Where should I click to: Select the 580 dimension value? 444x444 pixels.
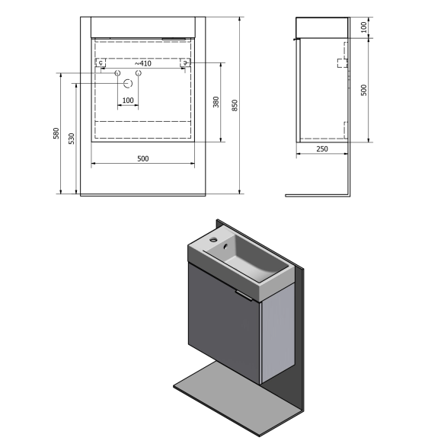[56, 133]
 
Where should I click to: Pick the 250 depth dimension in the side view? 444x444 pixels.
[322, 149]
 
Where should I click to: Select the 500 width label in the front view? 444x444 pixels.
[142, 158]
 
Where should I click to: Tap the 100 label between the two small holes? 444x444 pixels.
[128, 101]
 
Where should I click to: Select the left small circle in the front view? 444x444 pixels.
[118, 73]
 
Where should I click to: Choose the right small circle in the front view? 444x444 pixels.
[139, 73]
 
